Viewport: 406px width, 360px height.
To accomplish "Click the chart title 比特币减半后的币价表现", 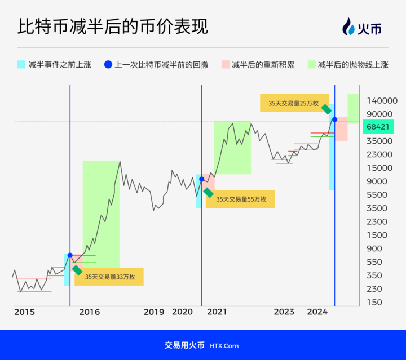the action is pyautogui.click(x=113, y=26).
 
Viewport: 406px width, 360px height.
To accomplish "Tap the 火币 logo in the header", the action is pyautogui.click(x=362, y=26).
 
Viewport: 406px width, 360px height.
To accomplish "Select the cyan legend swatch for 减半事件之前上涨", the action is pyautogui.click(x=21, y=64).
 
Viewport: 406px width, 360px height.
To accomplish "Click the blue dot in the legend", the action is pyautogui.click(x=108, y=64).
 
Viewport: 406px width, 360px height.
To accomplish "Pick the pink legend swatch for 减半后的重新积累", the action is pyautogui.click(x=226, y=64).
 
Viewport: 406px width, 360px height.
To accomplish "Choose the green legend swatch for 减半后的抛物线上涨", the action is pyautogui.click(x=311, y=64).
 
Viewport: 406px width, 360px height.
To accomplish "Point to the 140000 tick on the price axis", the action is pyautogui.click(x=382, y=101).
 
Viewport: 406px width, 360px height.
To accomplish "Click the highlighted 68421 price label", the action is pyautogui.click(x=378, y=126).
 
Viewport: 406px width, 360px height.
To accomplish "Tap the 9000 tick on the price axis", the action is pyautogui.click(x=377, y=181).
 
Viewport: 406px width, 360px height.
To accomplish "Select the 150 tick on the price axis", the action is pyautogui.click(x=374, y=303).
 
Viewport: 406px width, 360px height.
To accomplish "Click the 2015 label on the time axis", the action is pyautogui.click(x=24, y=312).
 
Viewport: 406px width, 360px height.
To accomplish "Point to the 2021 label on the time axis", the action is pyautogui.click(x=217, y=312).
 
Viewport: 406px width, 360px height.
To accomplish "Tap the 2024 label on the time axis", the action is pyautogui.click(x=317, y=312).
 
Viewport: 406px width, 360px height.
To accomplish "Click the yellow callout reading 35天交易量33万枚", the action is pyautogui.click(x=109, y=277).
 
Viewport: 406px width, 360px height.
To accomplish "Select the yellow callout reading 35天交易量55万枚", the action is pyautogui.click(x=240, y=199).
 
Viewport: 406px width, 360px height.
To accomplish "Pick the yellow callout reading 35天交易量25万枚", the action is pyautogui.click(x=294, y=103).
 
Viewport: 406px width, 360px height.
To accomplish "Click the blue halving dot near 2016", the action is pyautogui.click(x=70, y=255).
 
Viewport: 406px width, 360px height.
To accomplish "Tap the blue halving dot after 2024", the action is pyautogui.click(x=334, y=119).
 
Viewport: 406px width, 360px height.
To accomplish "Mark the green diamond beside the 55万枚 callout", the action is pyautogui.click(x=209, y=193).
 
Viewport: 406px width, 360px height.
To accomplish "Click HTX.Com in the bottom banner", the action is pyautogui.click(x=224, y=346).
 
